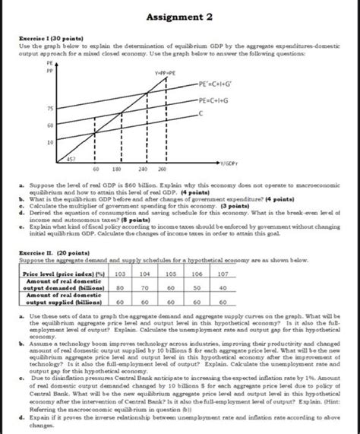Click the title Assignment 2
[x=179, y=16]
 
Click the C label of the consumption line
[x=203, y=112]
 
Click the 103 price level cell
[x=119, y=272]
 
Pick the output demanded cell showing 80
[x=119, y=288]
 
